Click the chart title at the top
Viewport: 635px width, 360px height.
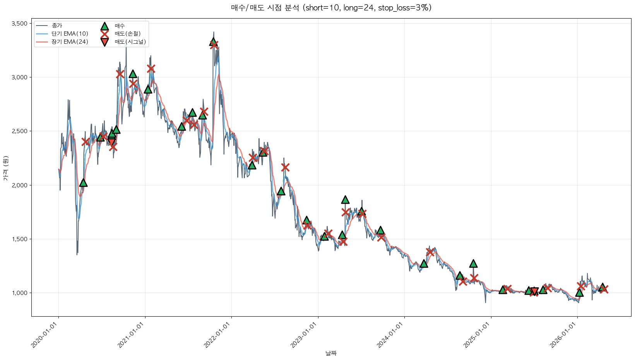click(331, 8)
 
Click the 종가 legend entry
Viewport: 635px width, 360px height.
click(57, 26)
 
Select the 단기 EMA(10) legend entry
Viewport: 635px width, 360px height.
click(70, 34)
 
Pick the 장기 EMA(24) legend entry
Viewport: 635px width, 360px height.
click(70, 42)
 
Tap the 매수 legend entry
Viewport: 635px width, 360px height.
click(120, 26)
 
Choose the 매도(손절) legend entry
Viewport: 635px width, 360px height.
click(127, 34)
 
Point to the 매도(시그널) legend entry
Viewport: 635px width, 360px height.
click(130, 42)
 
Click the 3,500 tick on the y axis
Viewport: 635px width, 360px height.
click(19, 24)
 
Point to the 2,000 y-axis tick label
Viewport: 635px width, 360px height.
click(19, 185)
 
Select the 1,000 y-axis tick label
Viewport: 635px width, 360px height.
click(19, 293)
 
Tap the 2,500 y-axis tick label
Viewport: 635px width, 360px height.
click(19, 131)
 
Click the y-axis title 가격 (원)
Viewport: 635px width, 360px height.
click(5, 168)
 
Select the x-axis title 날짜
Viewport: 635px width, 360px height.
click(331, 353)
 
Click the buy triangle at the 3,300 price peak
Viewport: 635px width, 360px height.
click(213, 42)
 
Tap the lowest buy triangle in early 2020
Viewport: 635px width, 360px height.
click(83, 183)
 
